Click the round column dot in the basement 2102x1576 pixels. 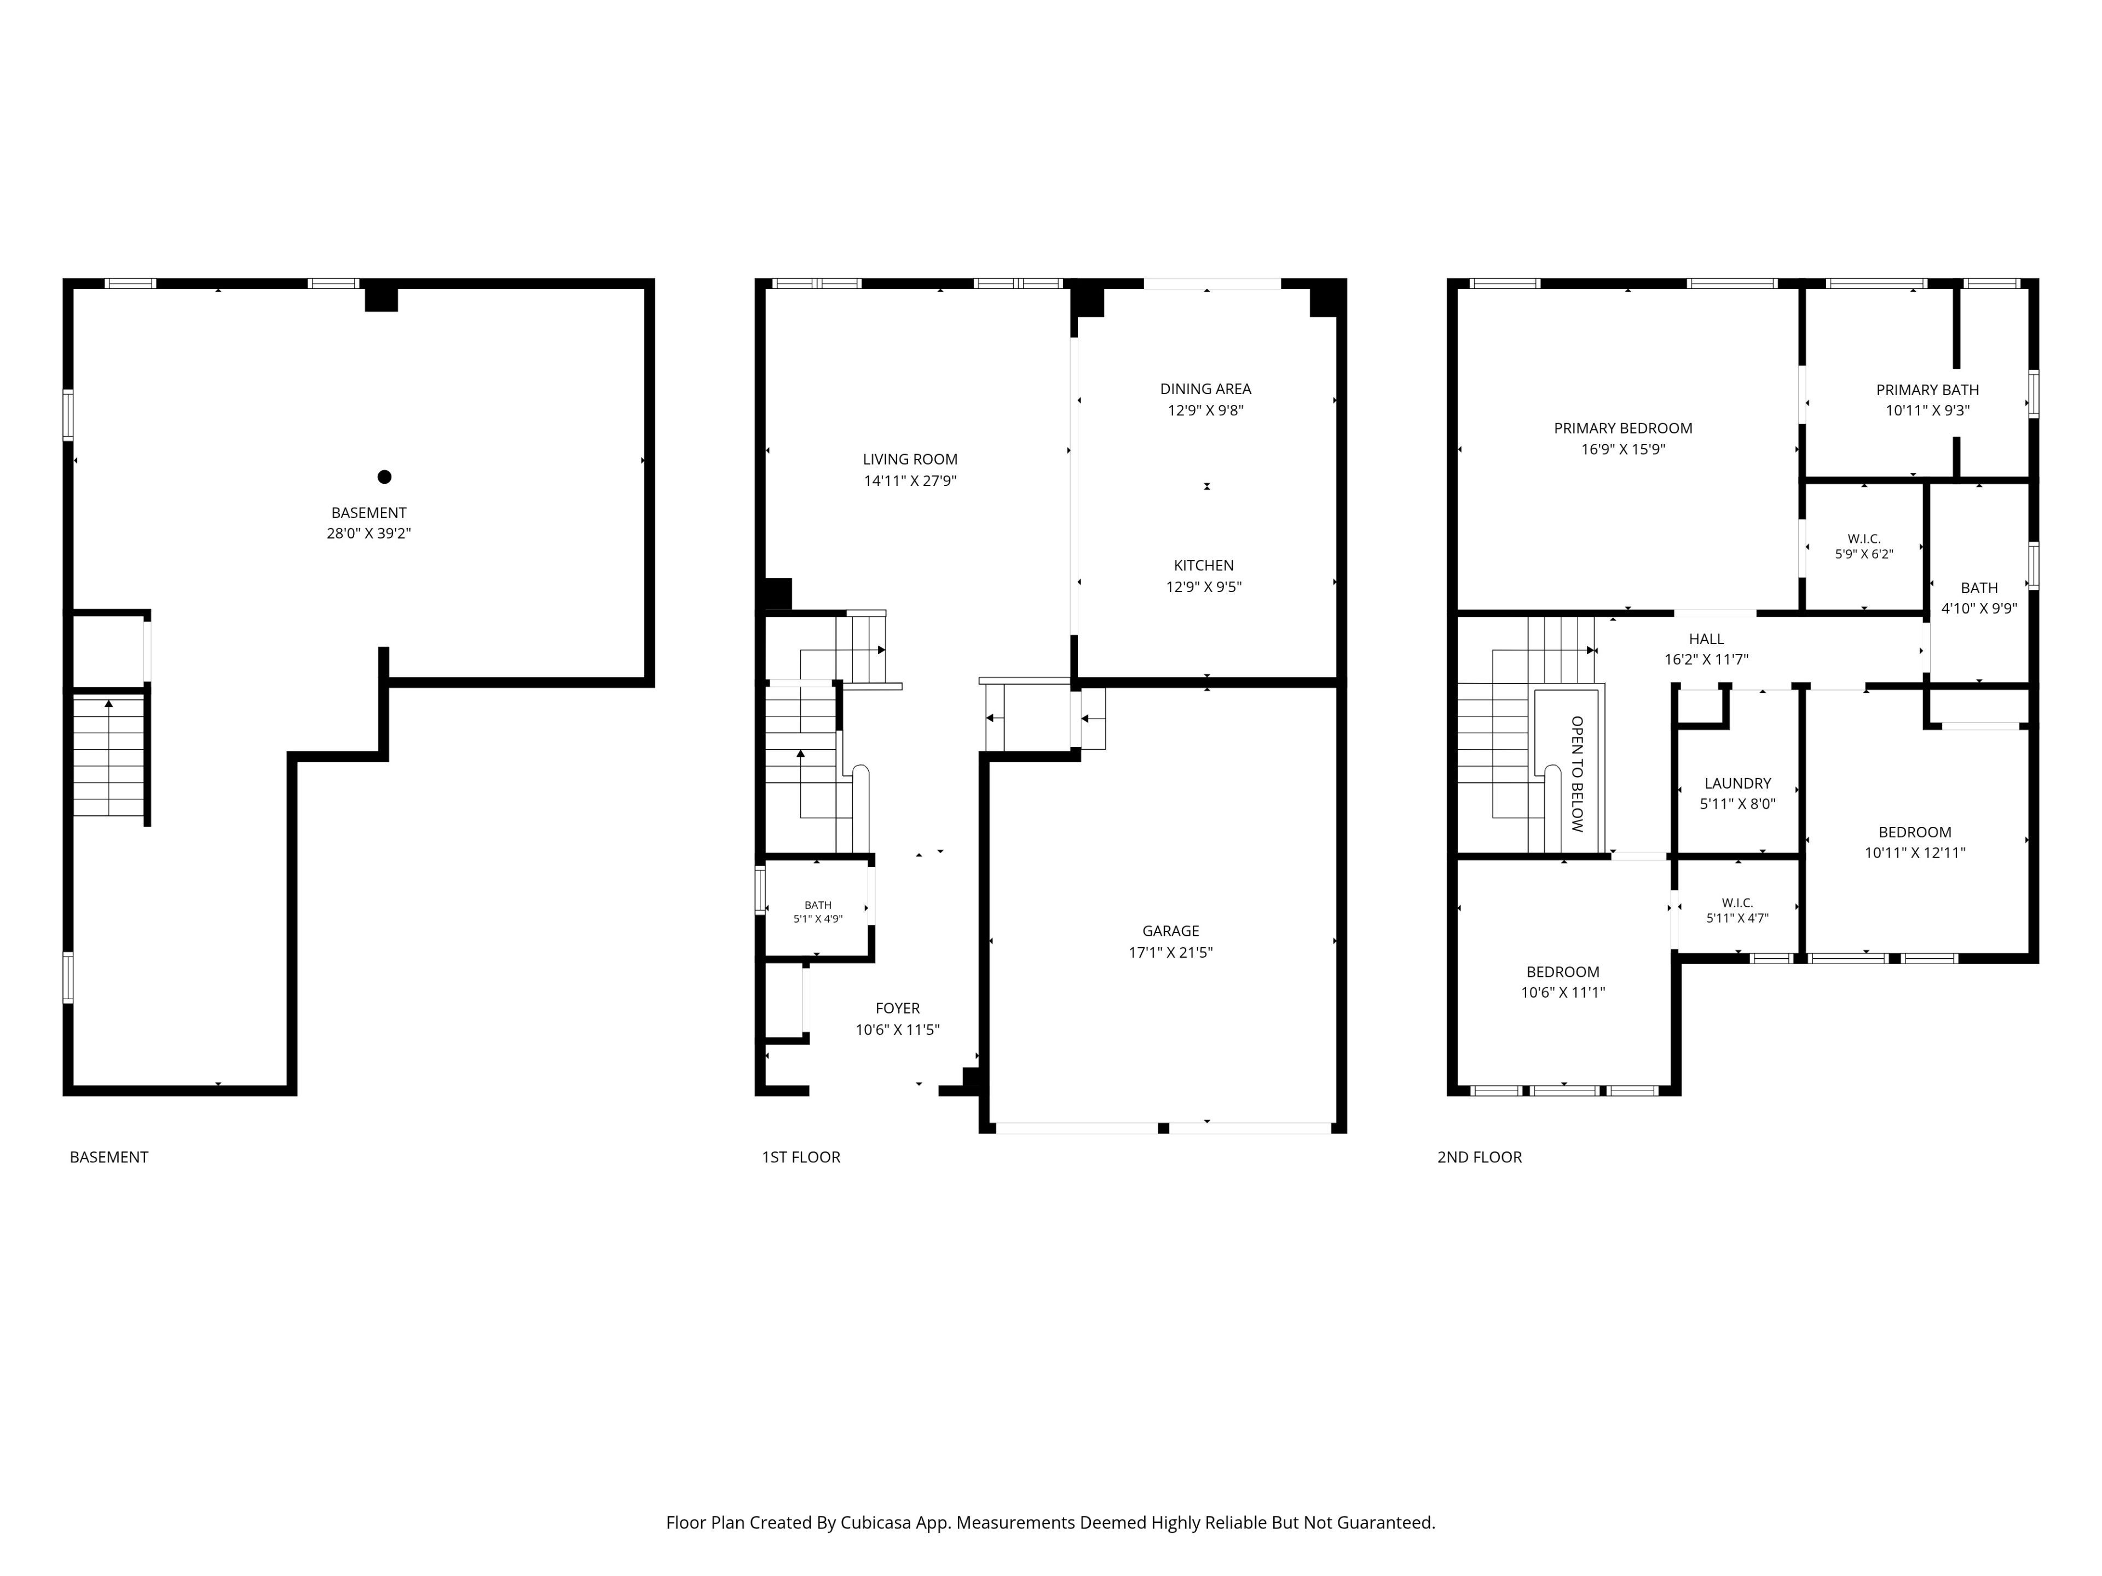coord(384,477)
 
